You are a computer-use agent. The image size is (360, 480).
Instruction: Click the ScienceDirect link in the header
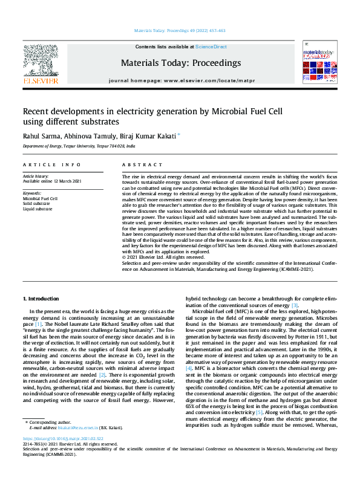click(x=211, y=47)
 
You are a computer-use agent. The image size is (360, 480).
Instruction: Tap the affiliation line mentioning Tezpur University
click(x=79, y=146)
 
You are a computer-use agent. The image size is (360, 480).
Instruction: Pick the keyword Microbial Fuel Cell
click(x=40, y=198)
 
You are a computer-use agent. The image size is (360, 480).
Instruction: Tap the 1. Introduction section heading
click(x=41, y=299)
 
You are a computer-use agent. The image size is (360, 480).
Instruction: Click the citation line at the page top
click(x=179, y=30)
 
